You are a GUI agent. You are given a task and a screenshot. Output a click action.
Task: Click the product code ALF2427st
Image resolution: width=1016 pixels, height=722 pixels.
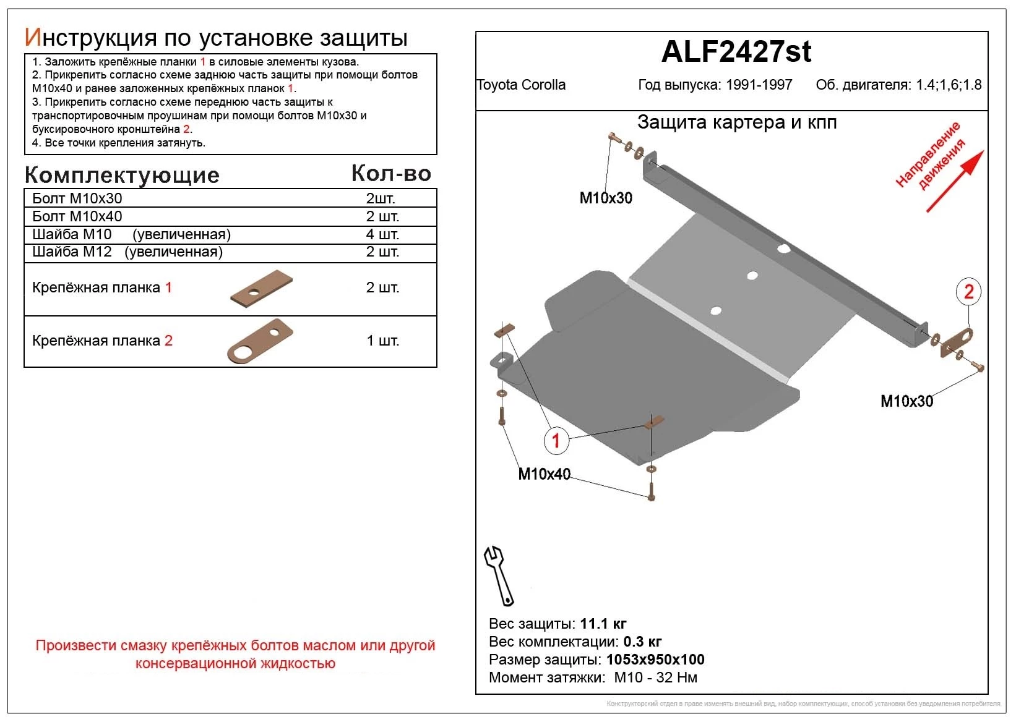(736, 52)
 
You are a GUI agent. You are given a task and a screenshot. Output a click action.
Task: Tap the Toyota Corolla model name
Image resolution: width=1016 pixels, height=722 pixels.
(521, 85)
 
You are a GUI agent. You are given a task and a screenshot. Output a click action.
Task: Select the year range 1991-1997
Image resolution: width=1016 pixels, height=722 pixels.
(759, 85)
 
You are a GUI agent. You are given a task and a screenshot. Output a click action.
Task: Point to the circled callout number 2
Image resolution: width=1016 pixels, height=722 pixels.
(968, 292)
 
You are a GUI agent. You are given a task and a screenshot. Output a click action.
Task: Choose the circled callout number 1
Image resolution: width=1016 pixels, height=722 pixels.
(556, 441)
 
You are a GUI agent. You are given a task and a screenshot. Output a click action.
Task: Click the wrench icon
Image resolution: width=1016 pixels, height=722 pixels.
(498, 575)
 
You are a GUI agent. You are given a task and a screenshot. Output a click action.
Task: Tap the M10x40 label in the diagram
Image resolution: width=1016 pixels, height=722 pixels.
(544, 474)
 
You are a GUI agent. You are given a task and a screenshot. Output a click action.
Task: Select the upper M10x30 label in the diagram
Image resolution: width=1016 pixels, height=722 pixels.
(605, 198)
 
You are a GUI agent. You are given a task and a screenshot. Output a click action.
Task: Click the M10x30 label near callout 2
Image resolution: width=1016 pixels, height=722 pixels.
(906, 401)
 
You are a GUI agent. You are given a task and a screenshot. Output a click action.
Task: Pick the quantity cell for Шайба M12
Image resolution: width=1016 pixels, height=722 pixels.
(382, 252)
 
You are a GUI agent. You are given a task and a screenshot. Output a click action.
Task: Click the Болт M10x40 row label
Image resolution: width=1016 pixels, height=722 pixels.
(77, 216)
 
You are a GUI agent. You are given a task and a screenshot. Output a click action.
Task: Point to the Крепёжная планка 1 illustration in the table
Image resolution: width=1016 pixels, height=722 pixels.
(261, 288)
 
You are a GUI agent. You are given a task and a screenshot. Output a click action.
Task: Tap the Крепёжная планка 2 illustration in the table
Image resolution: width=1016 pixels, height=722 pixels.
(260, 341)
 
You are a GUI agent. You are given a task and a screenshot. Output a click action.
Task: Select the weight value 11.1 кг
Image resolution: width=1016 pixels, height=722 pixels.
(603, 624)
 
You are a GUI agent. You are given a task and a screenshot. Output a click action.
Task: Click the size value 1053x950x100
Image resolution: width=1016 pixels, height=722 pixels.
(655, 660)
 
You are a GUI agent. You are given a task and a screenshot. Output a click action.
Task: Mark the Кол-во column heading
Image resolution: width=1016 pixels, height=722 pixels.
(391, 174)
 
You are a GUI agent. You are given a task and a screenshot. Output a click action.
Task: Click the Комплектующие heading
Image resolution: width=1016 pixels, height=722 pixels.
(122, 176)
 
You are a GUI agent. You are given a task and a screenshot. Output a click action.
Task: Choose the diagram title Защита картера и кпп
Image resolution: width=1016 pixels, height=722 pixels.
(736, 122)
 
